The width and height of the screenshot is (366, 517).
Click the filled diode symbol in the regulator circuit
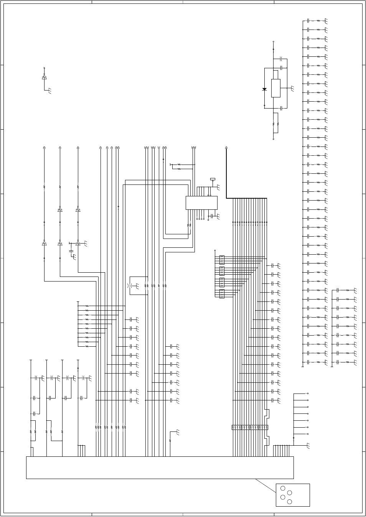coord(264,89)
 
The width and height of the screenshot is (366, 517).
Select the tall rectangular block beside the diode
coord(275,88)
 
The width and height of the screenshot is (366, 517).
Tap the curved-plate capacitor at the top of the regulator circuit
coord(281,59)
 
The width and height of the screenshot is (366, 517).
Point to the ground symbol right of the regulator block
coord(292,89)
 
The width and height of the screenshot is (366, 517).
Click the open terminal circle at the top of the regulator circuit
coord(274,41)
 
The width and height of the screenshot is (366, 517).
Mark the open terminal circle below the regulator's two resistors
coord(274,138)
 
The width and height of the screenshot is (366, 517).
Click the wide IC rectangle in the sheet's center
coord(201,203)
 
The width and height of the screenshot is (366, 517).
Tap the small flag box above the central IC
coord(213,179)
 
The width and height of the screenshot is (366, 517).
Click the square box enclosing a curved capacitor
coord(138,286)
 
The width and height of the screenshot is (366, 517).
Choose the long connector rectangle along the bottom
coord(160,468)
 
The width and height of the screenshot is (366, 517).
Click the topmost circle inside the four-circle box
coord(283,488)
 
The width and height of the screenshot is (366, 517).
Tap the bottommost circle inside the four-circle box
coord(290,502)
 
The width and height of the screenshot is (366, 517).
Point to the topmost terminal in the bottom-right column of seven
coord(308,394)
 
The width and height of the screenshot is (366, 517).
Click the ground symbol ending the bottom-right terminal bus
coord(308,446)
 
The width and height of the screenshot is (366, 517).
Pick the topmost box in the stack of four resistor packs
coord(222,260)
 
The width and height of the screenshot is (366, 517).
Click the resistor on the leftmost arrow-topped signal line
coord(44,187)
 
